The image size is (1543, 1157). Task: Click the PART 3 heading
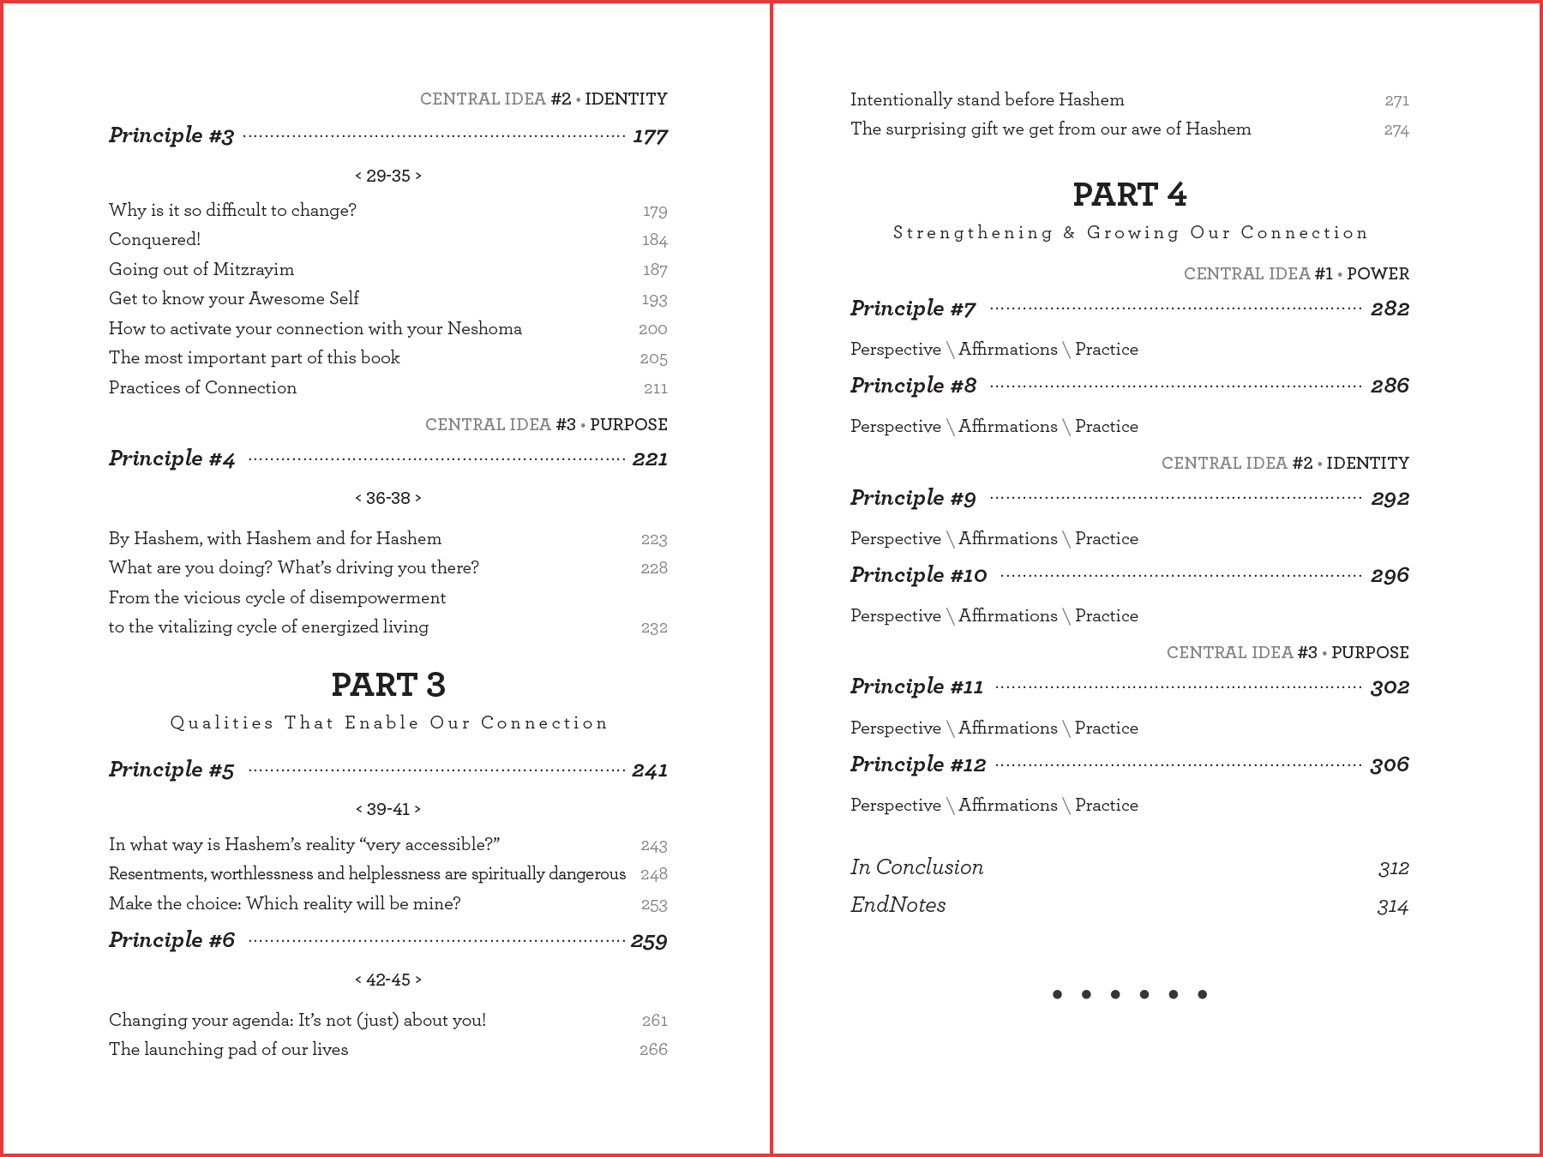point(388,685)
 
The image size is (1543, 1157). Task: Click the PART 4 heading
point(1129,195)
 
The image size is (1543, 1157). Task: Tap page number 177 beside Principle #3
point(650,136)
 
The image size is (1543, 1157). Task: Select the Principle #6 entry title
point(171,940)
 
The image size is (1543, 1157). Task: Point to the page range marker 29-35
point(388,176)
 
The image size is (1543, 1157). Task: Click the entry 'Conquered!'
point(154,240)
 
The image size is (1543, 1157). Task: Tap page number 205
point(653,358)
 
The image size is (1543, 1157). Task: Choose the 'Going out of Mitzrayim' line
point(201,269)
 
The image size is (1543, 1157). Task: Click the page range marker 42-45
point(388,980)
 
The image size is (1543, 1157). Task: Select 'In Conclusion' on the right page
point(916,867)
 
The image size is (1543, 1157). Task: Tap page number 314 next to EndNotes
point(1392,906)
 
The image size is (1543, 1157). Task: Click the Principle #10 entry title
point(918,575)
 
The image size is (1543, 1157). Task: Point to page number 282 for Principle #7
point(1390,309)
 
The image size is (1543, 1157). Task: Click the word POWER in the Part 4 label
point(1378,274)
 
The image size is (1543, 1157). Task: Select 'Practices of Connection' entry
point(202,387)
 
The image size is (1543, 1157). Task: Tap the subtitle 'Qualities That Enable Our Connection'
point(388,723)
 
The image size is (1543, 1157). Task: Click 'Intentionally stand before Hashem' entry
point(987,99)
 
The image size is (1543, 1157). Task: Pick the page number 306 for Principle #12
point(1389,764)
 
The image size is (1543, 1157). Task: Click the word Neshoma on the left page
point(484,328)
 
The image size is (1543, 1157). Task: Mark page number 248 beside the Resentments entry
point(653,874)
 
